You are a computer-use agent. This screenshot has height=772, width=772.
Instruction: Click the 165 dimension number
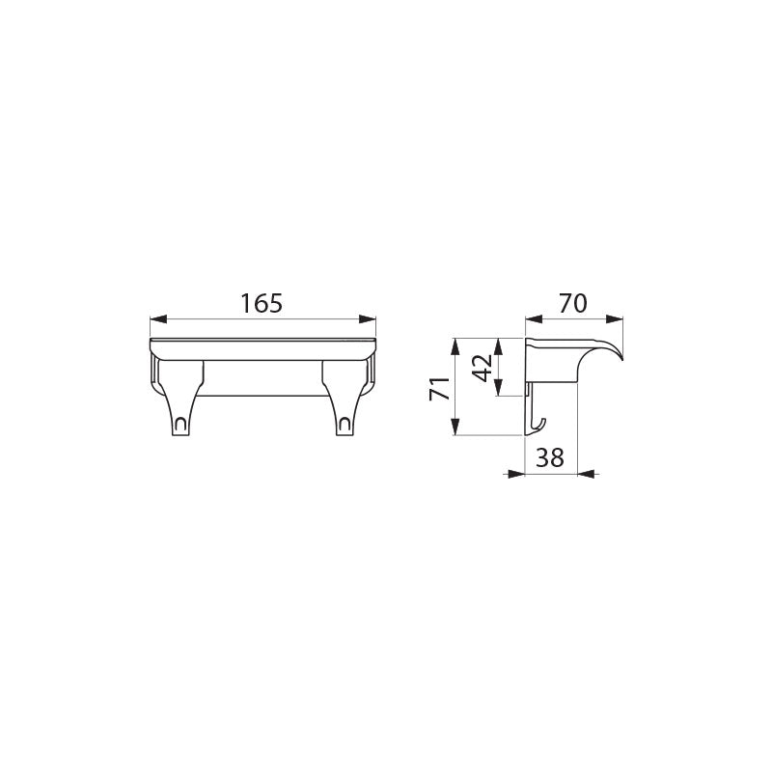click(x=262, y=303)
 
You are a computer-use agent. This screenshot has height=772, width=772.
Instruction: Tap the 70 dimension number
click(x=573, y=303)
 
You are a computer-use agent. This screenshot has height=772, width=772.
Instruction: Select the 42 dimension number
click(x=482, y=368)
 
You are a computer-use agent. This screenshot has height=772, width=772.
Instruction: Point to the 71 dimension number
click(x=439, y=389)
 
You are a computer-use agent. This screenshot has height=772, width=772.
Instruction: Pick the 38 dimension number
click(x=549, y=457)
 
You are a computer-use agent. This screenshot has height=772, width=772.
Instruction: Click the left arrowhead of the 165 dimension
click(x=158, y=319)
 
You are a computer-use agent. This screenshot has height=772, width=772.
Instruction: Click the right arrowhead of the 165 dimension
click(x=368, y=319)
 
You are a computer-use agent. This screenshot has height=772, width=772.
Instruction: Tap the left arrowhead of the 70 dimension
click(x=535, y=319)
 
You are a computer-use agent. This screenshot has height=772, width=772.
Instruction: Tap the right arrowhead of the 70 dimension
click(x=615, y=319)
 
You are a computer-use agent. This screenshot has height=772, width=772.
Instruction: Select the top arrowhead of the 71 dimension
click(x=455, y=346)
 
